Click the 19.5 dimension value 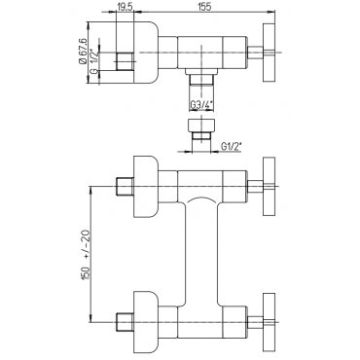125,7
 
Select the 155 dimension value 204,7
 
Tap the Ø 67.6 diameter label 82,51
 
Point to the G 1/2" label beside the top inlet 93,61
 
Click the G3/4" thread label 201,105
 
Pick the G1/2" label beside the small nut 232,147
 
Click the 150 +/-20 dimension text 87,254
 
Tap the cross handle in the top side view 269,53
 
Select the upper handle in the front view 269,186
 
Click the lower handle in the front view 269,322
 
